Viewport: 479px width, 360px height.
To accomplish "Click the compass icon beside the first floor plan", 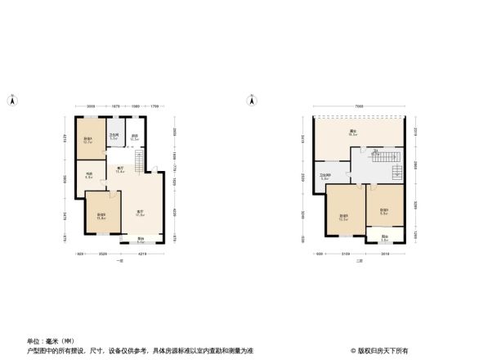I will [x=11, y=101].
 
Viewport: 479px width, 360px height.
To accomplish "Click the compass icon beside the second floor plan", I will [x=251, y=101].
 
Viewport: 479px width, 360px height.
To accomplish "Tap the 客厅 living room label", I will [x=141, y=214].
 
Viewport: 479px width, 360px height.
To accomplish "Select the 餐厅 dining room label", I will [x=119, y=170].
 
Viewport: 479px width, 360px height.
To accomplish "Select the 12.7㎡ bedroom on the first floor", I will [x=87, y=139].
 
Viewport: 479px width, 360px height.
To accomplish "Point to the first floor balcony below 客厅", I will [x=141, y=241].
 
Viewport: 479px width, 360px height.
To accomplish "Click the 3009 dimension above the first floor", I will [x=92, y=106].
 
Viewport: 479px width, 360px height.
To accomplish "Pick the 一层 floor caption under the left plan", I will [x=120, y=259].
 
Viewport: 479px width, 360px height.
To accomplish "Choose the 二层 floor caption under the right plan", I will [x=359, y=259].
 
